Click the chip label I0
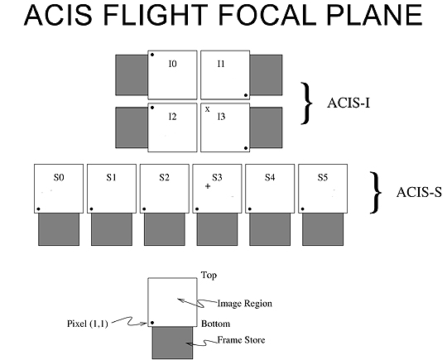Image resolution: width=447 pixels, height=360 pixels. coord(173,64)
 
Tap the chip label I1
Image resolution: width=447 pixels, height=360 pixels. coord(221,64)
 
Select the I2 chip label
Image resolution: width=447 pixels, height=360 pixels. coord(173,117)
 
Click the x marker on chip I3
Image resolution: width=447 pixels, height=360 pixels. coord(208,109)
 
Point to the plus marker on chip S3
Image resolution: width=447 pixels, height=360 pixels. coord(208,186)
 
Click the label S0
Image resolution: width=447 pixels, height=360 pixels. coord(59,178)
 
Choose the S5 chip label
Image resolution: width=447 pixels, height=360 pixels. coord(323,178)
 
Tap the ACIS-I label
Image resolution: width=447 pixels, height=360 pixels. coord(348,103)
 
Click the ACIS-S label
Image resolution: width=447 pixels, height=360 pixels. coord(419,192)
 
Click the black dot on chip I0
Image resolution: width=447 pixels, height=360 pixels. coord(152,55)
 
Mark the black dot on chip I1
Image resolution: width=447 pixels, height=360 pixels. coord(246,95)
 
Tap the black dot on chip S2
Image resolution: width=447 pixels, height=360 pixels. coord(144,209)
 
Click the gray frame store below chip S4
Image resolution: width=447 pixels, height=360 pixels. coord(270,229)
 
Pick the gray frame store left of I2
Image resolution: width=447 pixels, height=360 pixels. coord(132,127)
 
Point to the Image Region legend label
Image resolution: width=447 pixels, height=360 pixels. coord(244,304)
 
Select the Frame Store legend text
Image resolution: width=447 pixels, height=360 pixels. coord(241,340)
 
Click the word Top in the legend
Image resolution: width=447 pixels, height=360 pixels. coord(209,276)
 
